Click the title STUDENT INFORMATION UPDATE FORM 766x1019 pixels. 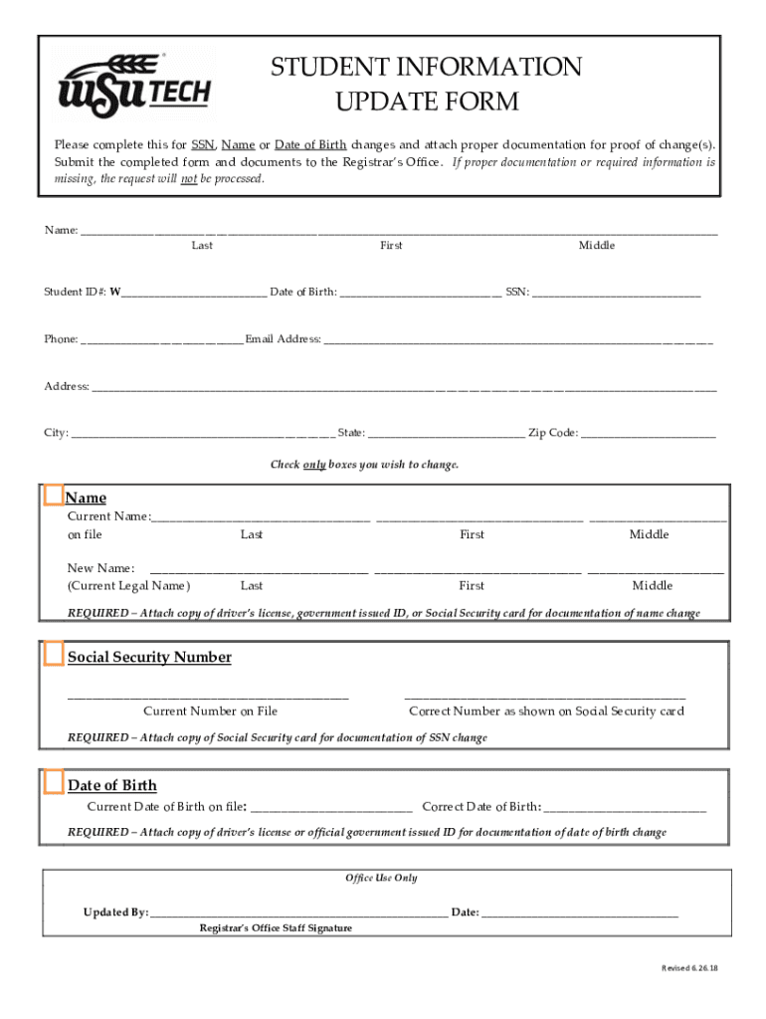427,84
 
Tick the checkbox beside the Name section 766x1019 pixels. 54,495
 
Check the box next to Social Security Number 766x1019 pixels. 54,654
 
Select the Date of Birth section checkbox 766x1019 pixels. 54,782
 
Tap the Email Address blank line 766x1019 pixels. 517,338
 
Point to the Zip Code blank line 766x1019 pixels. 648,432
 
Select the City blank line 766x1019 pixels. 203,432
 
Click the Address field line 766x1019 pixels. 404,385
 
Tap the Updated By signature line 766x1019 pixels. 298,912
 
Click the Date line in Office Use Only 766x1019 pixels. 580,912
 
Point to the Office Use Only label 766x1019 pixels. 381,878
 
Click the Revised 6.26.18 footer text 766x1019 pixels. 689,968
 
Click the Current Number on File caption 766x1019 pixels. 210,711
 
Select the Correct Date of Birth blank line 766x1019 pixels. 625,806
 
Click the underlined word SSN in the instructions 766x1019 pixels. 203,143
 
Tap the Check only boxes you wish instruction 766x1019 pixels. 364,465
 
